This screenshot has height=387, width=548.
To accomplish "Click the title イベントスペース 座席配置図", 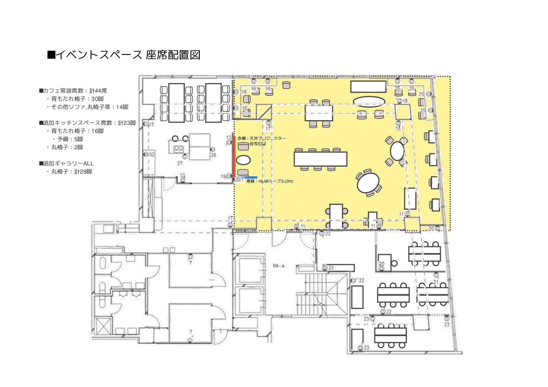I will tap(124, 55).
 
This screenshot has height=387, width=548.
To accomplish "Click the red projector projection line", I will tap(234, 156).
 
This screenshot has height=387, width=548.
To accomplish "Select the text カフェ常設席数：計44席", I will tap(73, 91).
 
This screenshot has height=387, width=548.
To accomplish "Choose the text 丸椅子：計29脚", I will tap(72, 172).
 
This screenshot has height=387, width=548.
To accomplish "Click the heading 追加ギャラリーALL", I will tap(67, 164).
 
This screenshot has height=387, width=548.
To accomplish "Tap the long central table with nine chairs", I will tap(320, 159).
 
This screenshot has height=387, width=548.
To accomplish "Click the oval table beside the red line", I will tap(243, 160).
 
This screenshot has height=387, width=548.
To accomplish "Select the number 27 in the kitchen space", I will tap(180, 163).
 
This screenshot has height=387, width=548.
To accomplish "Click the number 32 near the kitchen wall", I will tap(152, 154).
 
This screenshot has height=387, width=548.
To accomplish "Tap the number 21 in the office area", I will tap(436, 282).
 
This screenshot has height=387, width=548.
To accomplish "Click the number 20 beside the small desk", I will tap(382, 264).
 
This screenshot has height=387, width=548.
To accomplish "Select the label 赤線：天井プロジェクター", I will tap(261, 138).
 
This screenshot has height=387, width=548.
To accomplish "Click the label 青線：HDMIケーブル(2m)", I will tap(270, 181).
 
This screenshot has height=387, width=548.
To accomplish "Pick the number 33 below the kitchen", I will tap(182, 175).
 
